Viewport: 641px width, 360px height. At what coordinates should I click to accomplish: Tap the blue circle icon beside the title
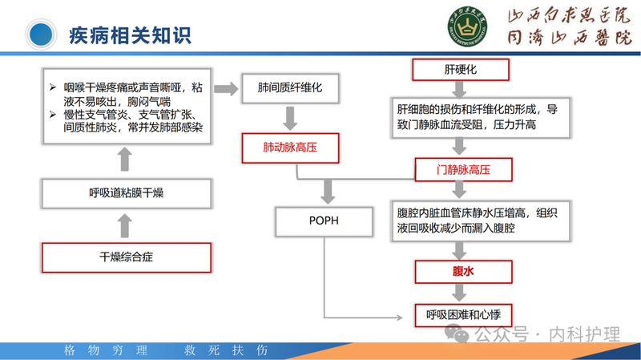click(41, 34)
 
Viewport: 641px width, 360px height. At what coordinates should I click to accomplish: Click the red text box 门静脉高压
click(462, 169)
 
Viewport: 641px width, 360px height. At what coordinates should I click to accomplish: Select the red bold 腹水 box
click(463, 271)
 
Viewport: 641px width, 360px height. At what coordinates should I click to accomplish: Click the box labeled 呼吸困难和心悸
click(463, 315)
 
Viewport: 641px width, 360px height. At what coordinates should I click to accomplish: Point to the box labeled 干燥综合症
click(126, 257)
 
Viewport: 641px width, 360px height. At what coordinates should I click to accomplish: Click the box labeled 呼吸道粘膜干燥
click(126, 193)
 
